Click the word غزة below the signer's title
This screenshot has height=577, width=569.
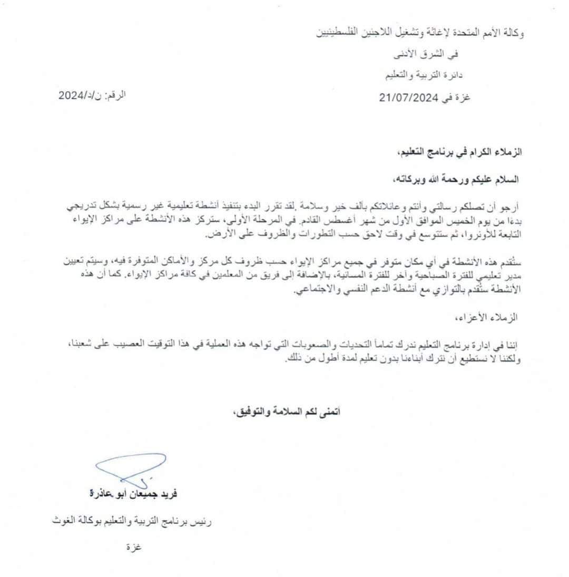coord(132,546)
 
